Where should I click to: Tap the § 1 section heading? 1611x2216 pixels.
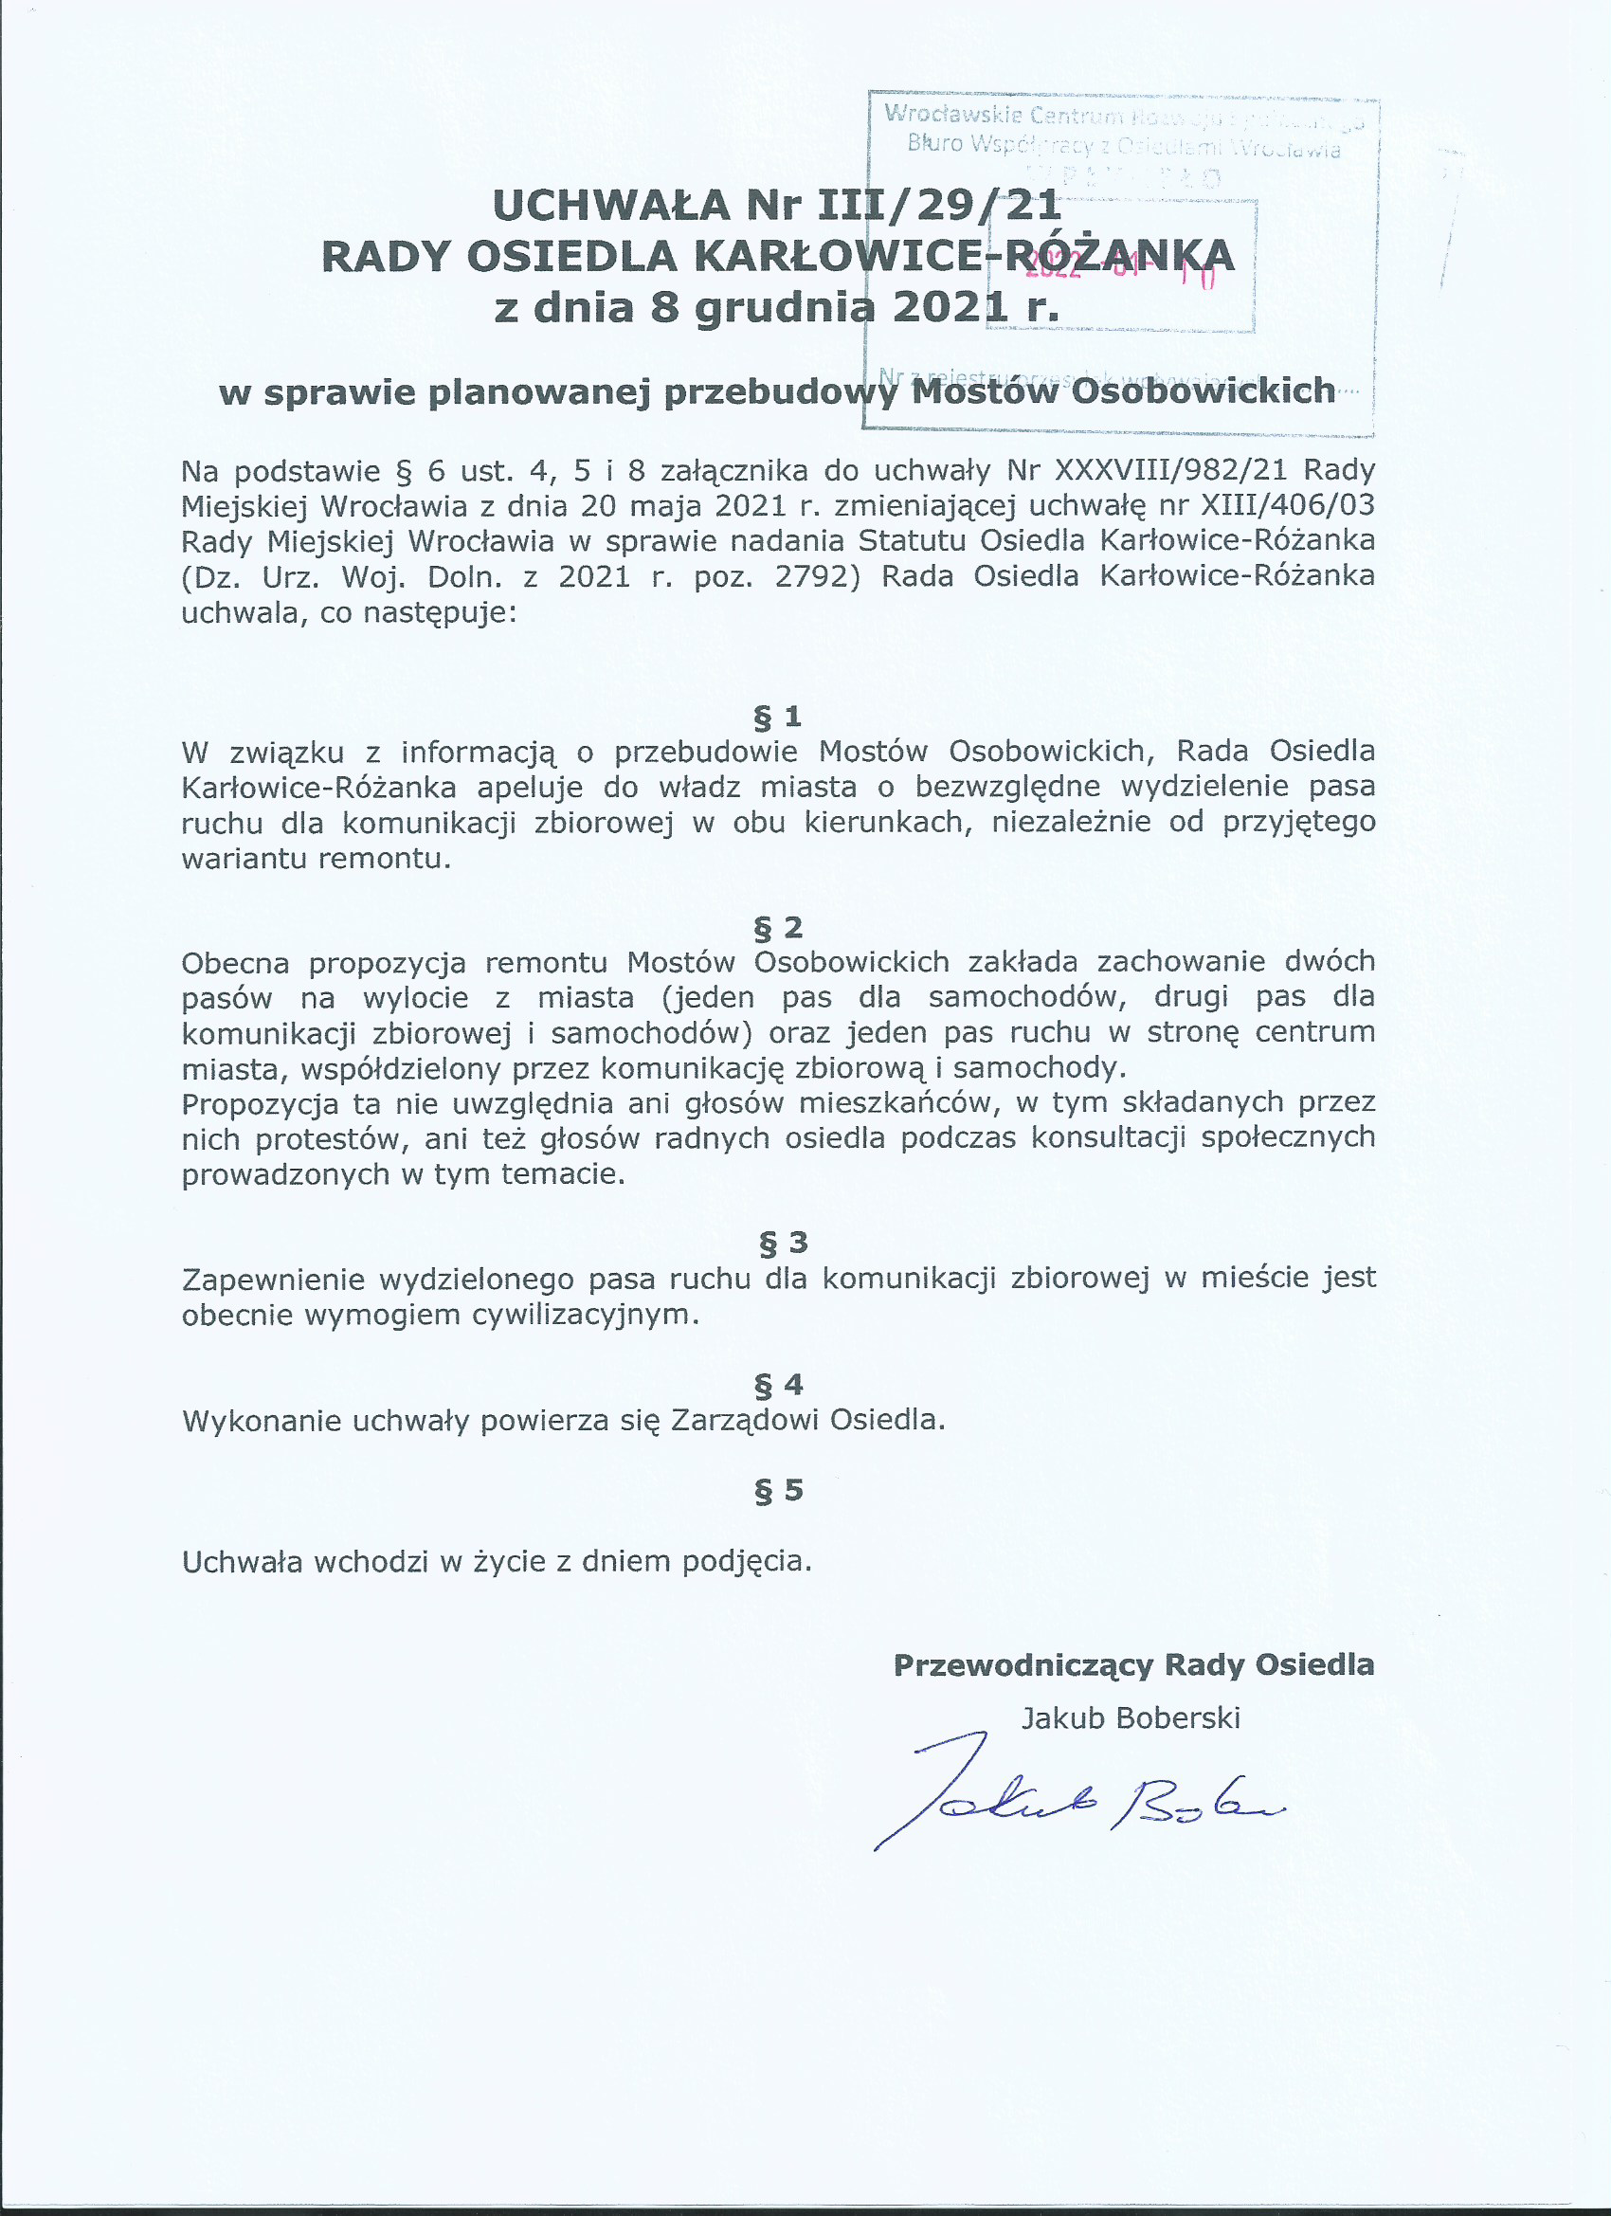click(778, 717)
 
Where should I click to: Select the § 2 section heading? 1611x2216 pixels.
click(778, 926)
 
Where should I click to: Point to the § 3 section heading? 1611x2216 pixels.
click(784, 1242)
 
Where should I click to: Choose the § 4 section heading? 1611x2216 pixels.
click(779, 1384)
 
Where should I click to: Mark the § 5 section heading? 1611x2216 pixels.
click(779, 1489)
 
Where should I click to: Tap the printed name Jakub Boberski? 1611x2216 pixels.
click(1131, 1716)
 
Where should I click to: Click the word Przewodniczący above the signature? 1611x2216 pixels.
click(1022, 1665)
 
